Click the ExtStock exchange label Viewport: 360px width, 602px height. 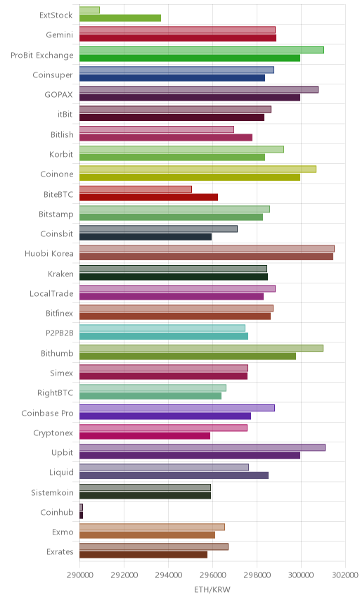click(x=56, y=15)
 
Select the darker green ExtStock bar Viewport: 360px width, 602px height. click(x=120, y=18)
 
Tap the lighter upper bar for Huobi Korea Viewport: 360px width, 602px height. click(x=207, y=248)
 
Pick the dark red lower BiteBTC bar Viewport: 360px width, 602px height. click(x=148, y=198)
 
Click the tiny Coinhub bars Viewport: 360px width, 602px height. click(x=81, y=511)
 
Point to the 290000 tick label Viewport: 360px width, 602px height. click(x=79, y=575)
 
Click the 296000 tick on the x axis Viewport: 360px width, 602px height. click(x=212, y=575)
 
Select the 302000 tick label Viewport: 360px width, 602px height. click(x=345, y=575)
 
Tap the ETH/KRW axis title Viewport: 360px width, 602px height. click(x=212, y=590)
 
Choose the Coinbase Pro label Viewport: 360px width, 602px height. click(x=47, y=413)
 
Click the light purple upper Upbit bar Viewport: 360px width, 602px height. click(x=202, y=447)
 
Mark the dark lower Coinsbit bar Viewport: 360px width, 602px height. click(x=146, y=237)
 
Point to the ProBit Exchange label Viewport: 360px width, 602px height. click(x=41, y=56)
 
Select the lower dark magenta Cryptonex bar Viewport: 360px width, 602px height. click(x=145, y=436)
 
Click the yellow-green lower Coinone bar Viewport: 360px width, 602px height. click(x=190, y=177)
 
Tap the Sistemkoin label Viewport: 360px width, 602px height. click(x=52, y=492)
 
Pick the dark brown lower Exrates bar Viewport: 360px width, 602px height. click(x=143, y=555)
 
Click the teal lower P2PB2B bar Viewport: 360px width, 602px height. click(x=164, y=336)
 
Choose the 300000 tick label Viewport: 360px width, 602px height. click(x=301, y=575)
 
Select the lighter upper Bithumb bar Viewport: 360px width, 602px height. click(x=202, y=348)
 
